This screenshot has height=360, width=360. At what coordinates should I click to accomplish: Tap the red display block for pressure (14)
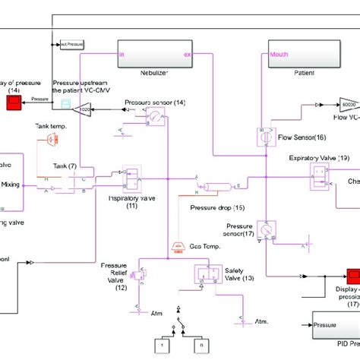(14, 100)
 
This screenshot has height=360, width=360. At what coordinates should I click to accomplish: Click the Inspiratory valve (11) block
(131, 177)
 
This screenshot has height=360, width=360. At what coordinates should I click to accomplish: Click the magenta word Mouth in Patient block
(279, 54)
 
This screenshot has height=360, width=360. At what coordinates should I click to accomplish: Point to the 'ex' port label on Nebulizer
(188, 54)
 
